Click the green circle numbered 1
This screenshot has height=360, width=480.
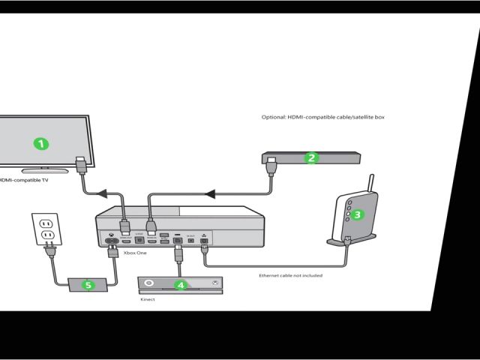[x=43, y=142]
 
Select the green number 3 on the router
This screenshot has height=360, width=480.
[x=358, y=214]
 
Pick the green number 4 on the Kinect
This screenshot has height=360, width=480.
[x=179, y=284]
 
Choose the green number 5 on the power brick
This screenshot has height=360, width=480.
[x=88, y=285]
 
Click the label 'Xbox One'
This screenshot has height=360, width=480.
[x=136, y=254]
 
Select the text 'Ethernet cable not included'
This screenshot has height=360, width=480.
[x=291, y=276]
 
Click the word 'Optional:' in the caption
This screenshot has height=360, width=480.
[x=268, y=118]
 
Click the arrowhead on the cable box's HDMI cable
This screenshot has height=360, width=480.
[x=211, y=195]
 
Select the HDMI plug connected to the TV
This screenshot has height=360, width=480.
[x=81, y=162]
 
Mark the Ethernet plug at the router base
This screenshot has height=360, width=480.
[x=347, y=240]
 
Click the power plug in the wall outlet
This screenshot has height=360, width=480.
[x=49, y=235]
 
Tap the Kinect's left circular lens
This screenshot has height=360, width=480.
[x=149, y=283]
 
